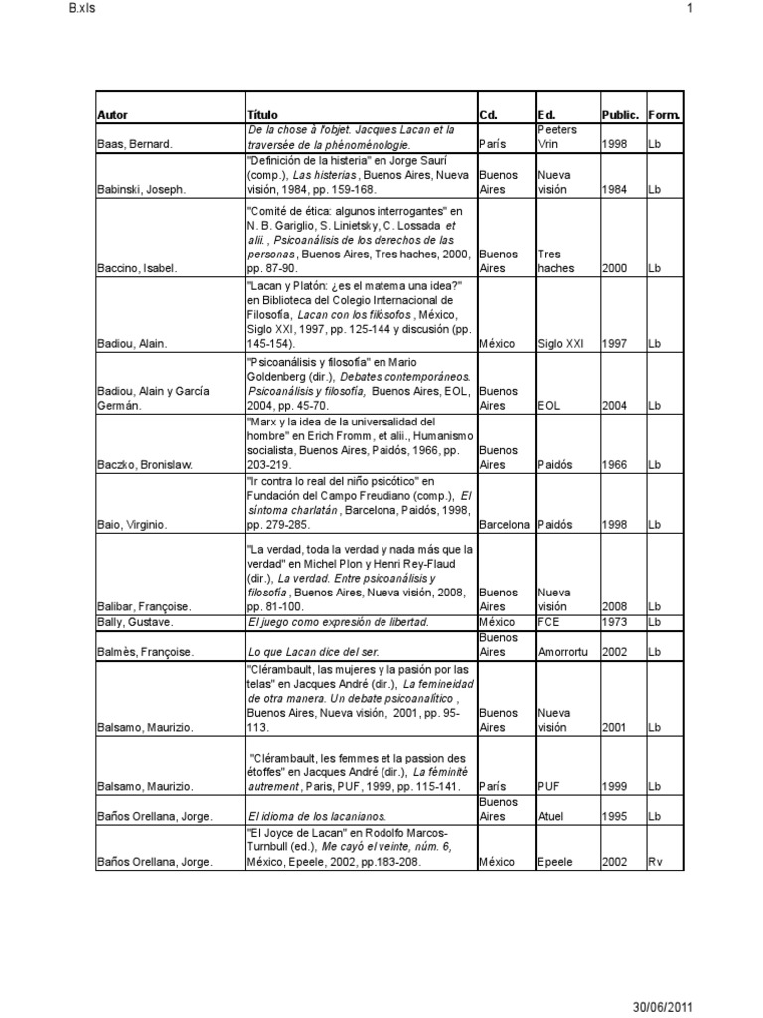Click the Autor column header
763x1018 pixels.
pyautogui.click(x=113, y=115)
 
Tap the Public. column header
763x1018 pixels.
pyautogui.click(x=620, y=115)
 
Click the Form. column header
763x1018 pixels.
pyautogui.click(x=664, y=115)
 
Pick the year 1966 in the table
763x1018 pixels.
pyautogui.click(x=614, y=465)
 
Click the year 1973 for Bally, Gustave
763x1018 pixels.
pyautogui.click(x=614, y=622)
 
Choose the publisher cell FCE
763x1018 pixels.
pyautogui.click(x=549, y=622)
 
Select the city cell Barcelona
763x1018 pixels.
pyautogui.click(x=505, y=524)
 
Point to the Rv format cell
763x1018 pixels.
pyautogui.click(x=655, y=862)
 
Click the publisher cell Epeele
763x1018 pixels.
pyautogui.click(x=556, y=862)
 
